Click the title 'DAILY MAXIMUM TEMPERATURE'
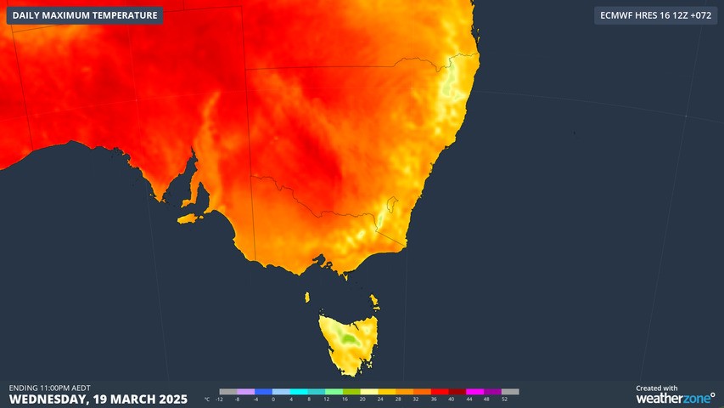85,15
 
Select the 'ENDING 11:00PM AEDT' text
50,388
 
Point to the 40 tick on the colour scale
452,399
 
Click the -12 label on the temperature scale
220,399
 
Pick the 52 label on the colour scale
504,399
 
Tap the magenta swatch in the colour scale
474,392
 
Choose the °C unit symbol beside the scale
206,399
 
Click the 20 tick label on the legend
362,399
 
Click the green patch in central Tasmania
346,337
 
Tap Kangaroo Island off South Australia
191,218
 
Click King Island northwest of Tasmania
308,296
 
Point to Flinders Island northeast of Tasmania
374,300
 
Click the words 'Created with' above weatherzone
656,388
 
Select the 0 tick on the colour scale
273,399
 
